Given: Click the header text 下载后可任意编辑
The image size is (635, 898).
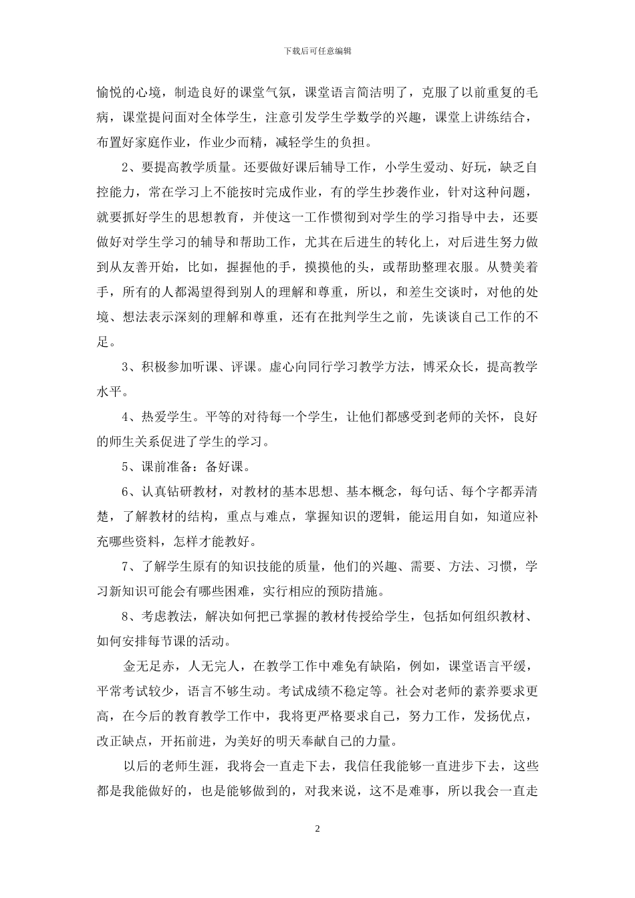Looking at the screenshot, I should tap(317, 50).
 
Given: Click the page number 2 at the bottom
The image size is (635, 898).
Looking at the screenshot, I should tap(317, 829).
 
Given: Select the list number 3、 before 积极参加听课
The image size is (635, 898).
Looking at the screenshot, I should tap(129, 367).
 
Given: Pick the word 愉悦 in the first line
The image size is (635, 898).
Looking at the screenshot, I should tap(110, 93).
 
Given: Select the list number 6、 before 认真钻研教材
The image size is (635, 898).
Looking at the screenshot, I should tap(129, 492).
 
